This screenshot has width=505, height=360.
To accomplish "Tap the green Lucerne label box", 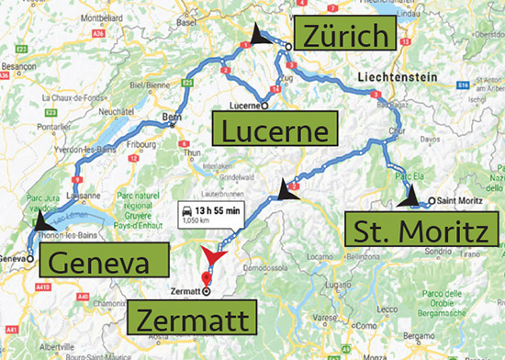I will click(273, 130).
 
